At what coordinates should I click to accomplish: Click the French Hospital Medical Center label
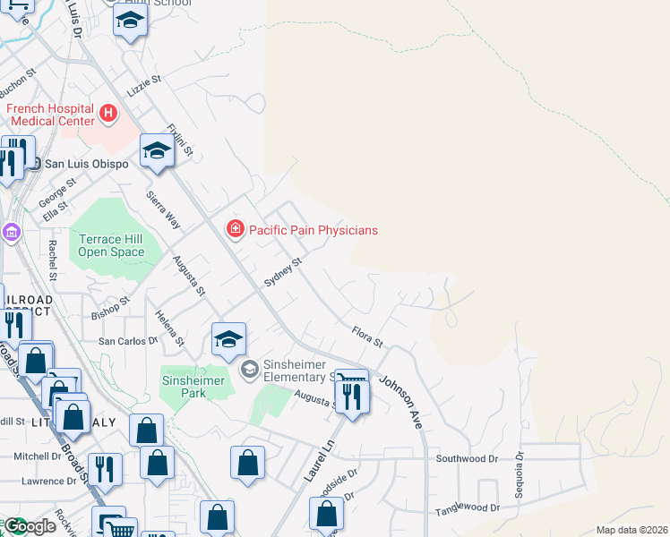tap(50, 115)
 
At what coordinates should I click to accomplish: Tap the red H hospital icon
tap(108, 114)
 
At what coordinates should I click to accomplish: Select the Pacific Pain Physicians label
tap(313, 230)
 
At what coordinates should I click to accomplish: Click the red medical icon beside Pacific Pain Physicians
tap(236, 230)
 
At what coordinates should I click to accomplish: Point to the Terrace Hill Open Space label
tap(111, 245)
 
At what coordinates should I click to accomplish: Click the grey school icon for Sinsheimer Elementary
tap(250, 368)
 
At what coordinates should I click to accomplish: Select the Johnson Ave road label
tap(400, 401)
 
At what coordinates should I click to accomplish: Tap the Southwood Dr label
tap(466, 459)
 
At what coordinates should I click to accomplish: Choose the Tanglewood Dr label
tap(467, 509)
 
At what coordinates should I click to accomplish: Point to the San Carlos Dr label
tap(127, 341)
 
